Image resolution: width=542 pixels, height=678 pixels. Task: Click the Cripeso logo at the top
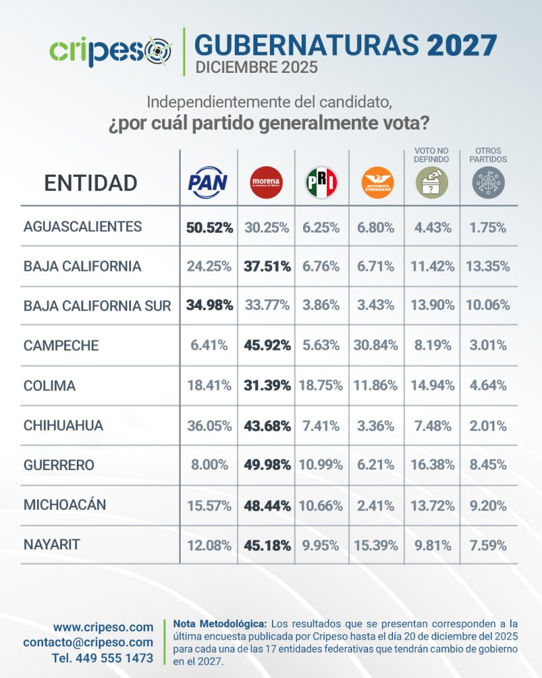[111, 50]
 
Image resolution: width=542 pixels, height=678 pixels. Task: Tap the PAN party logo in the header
[208, 182]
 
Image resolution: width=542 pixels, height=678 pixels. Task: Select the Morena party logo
[266, 182]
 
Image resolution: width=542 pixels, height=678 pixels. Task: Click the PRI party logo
[322, 182]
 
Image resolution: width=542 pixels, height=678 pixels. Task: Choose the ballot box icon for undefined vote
[431, 182]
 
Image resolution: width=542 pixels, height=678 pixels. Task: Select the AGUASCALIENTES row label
[83, 227]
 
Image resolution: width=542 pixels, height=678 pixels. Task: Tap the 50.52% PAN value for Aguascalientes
[209, 227]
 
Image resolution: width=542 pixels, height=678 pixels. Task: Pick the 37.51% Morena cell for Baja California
[267, 266]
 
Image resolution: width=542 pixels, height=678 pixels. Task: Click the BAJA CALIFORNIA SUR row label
[97, 306]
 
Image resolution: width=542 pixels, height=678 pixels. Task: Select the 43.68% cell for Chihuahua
[267, 425]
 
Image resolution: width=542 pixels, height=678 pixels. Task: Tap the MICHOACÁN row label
[65, 505]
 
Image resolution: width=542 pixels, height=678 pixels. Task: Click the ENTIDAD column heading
[91, 183]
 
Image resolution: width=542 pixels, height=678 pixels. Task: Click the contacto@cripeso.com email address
[88, 642]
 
